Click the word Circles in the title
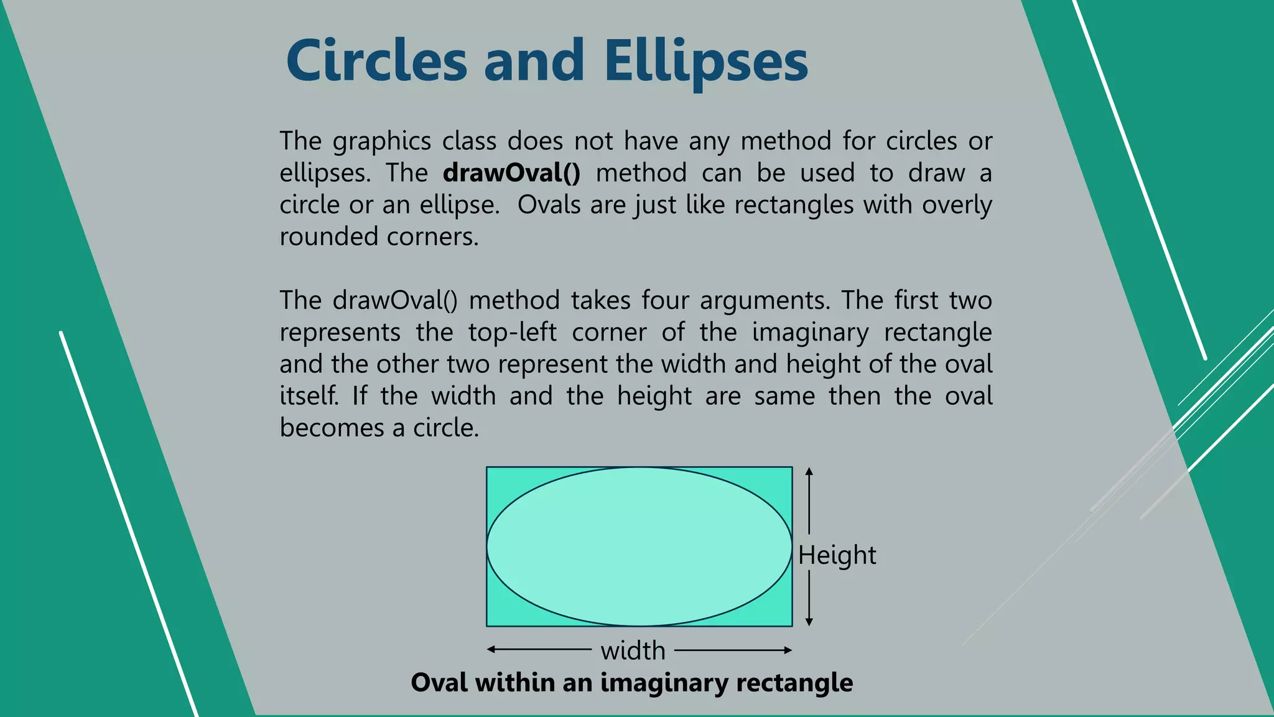(376, 61)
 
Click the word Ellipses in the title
(705, 61)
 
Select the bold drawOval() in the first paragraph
(511, 173)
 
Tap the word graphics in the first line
(381, 142)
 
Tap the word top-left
(512, 333)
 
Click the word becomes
(332, 428)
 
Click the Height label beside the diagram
(837, 555)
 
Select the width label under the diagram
(633, 651)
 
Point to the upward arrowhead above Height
(809, 472)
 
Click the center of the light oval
(639, 546)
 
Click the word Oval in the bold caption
(439, 683)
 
